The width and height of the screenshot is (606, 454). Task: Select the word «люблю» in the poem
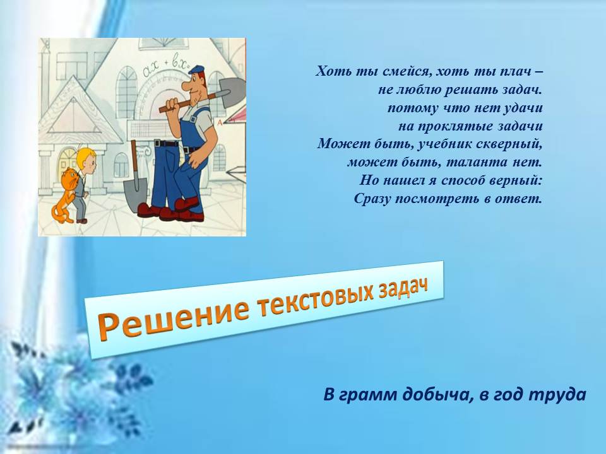point(418,90)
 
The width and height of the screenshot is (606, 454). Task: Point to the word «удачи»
point(524,108)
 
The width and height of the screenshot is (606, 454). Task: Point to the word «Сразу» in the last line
point(372,199)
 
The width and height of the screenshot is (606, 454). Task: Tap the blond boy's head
point(85,159)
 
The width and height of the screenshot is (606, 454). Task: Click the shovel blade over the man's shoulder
point(232,91)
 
